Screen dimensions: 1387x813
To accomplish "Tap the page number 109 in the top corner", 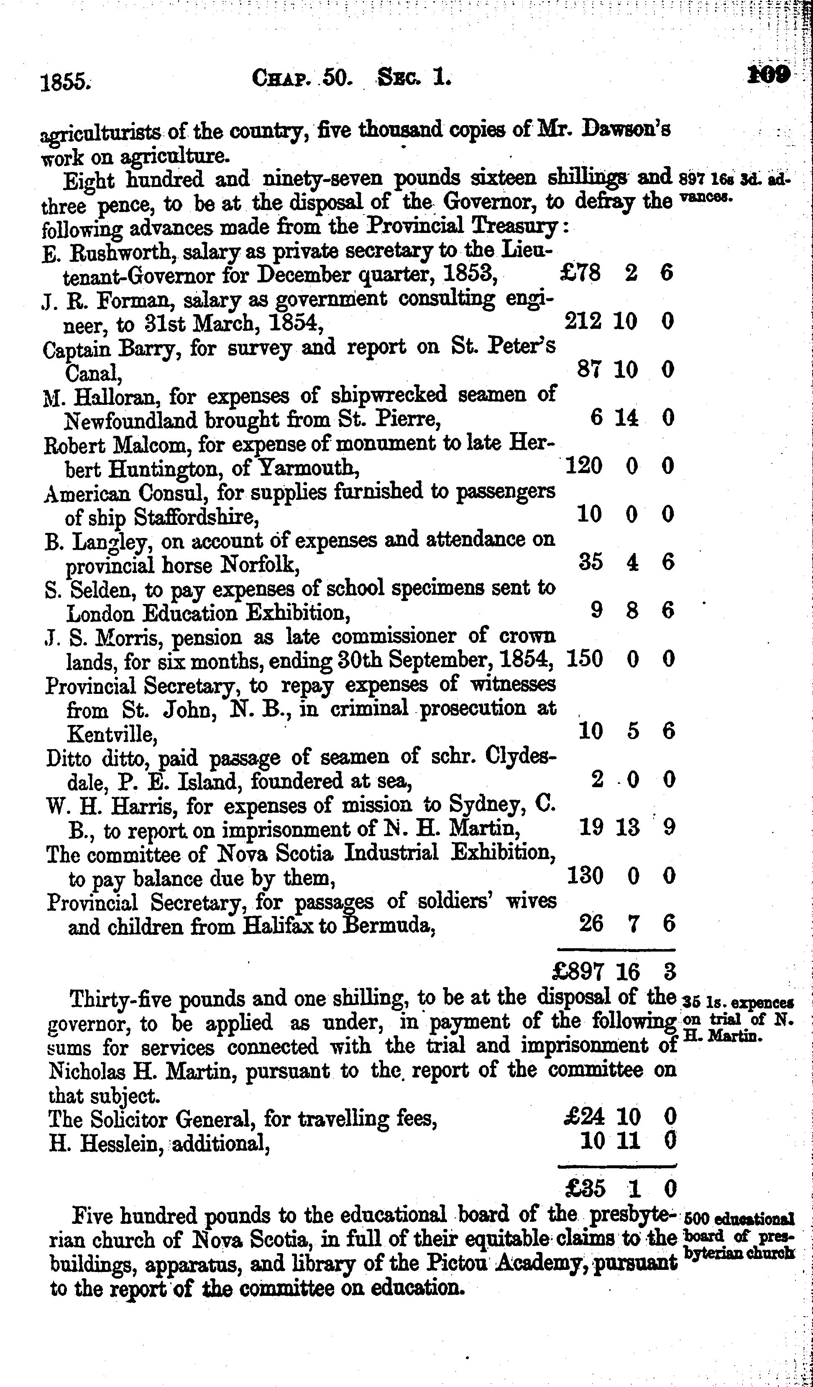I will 769,75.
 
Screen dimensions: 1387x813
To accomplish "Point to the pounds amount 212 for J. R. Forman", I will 583,321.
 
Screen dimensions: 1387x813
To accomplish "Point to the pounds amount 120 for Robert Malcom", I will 583,466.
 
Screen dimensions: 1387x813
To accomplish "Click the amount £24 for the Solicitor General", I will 585,1117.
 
